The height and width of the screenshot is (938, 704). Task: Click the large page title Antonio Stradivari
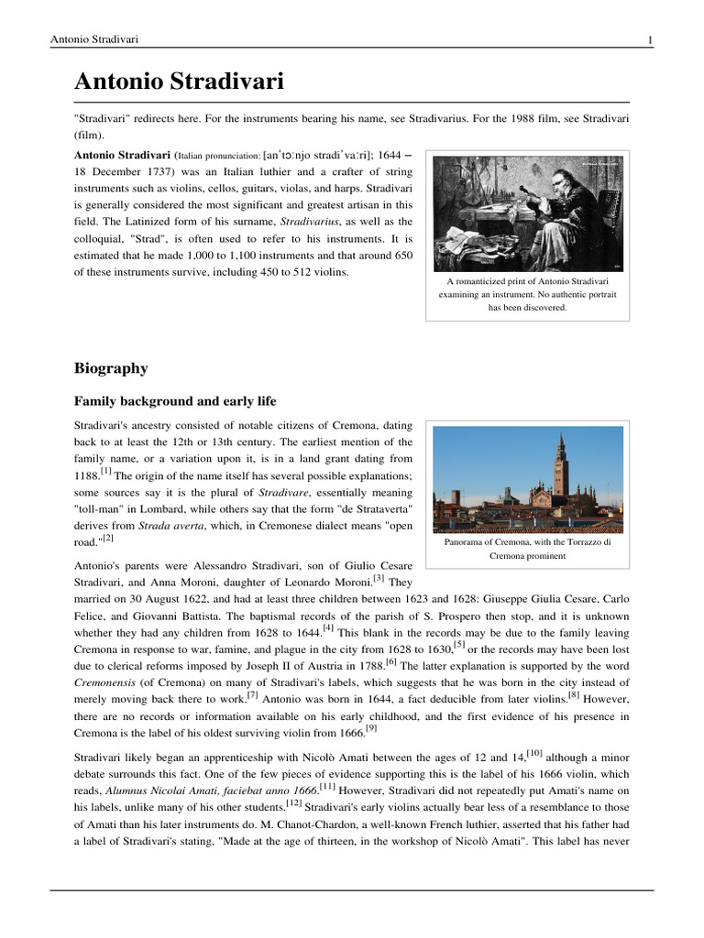click(x=179, y=82)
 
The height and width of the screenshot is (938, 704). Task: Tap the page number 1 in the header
click(x=650, y=39)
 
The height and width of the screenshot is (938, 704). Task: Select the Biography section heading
click(x=110, y=368)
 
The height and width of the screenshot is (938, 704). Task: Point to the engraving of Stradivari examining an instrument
click(x=527, y=213)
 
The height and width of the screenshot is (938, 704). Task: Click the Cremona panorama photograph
click(x=527, y=479)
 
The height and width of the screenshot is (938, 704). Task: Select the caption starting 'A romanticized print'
click(x=527, y=295)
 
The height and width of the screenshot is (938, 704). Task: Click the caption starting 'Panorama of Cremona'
click(x=527, y=549)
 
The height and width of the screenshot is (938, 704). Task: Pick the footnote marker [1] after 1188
click(x=106, y=472)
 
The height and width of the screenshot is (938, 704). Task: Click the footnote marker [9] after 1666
click(x=371, y=728)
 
